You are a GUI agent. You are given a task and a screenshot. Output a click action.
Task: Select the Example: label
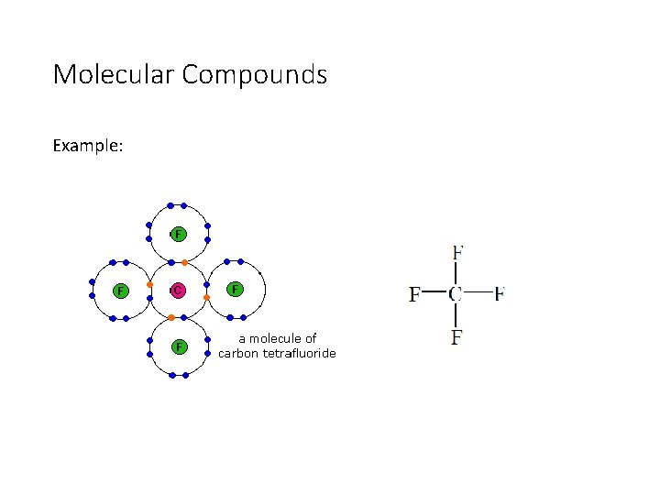[x=85, y=146]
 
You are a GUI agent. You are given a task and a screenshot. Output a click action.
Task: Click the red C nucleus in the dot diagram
[x=178, y=291]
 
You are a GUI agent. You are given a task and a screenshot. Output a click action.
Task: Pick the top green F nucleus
[x=178, y=234]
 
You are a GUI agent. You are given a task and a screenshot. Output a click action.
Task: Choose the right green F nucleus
[x=236, y=290]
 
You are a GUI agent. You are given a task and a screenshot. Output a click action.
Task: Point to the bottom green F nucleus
[x=179, y=346]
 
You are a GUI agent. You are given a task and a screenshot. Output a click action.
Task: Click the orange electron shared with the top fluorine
[x=184, y=263]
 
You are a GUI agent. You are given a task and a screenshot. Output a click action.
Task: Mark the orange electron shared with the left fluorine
[x=149, y=284]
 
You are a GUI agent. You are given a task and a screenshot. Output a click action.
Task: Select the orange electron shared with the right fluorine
[x=207, y=298]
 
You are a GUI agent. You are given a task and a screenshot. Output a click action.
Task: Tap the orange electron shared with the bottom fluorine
[x=170, y=318]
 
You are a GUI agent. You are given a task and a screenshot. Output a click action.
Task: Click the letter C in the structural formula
[x=456, y=294]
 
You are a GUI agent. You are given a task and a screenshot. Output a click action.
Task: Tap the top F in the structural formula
[x=457, y=251]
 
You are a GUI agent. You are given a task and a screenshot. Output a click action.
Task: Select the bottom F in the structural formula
[x=456, y=337]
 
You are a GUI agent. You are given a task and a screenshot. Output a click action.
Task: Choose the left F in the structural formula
[x=414, y=295]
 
